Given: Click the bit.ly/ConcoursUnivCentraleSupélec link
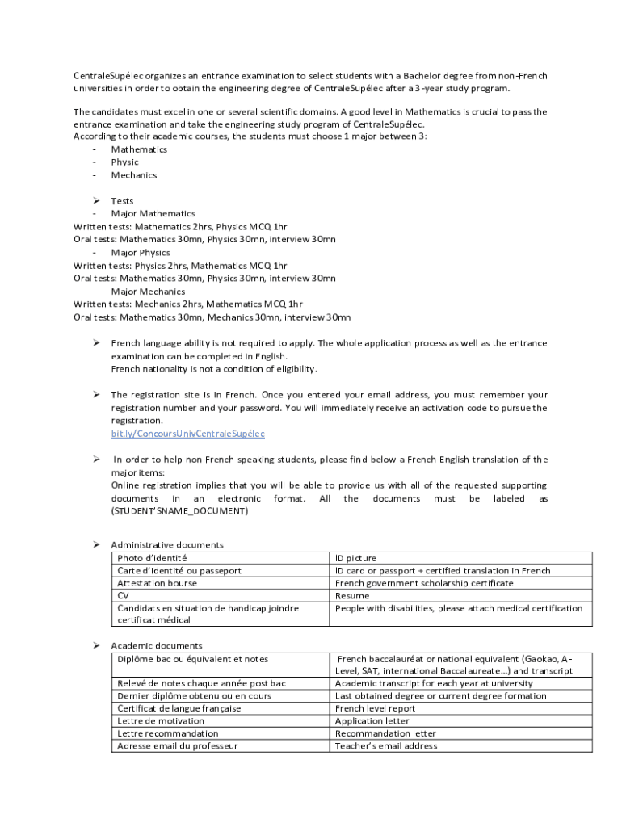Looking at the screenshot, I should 187,434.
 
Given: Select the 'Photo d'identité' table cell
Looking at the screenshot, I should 152,558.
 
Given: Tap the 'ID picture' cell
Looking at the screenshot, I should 356,558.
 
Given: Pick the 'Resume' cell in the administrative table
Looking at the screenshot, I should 352,595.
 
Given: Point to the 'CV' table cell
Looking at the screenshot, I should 123,595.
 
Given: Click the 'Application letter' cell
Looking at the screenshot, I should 372,720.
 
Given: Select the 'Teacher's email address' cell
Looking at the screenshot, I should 386,745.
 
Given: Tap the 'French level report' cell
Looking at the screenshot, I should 375,708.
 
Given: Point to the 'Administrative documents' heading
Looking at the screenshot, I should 167,545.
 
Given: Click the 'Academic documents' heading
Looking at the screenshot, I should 157,645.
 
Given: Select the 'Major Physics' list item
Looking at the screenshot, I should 141,253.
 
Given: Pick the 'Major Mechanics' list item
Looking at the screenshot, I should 148,292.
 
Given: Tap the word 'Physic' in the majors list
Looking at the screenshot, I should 125,162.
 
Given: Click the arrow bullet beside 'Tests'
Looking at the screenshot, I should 95,200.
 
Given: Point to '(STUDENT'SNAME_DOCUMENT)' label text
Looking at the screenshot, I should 179,511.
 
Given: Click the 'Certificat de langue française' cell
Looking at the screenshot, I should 179,708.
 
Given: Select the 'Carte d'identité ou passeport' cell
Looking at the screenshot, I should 179,570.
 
